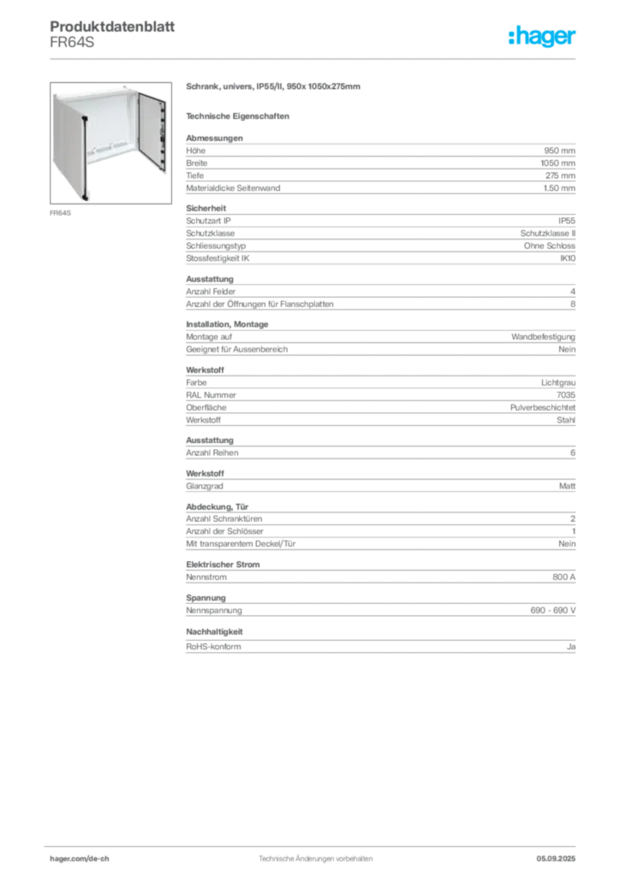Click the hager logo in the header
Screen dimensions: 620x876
[x=542, y=37]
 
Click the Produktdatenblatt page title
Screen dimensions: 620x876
[x=112, y=27]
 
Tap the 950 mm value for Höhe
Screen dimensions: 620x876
[x=559, y=151]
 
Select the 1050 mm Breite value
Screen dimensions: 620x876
[x=557, y=163]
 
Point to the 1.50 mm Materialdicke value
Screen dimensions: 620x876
[x=559, y=188]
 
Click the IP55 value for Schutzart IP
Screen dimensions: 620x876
[x=566, y=221]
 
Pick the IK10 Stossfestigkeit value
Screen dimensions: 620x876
[x=568, y=258]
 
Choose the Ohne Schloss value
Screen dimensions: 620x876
[x=550, y=246]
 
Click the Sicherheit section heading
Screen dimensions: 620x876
[x=206, y=209]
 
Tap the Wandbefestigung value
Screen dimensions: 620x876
[x=543, y=337]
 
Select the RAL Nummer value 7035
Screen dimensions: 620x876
[x=566, y=395]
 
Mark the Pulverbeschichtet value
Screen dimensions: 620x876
[x=543, y=408]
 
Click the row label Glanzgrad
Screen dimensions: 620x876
[x=205, y=486]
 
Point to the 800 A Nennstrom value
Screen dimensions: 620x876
[x=563, y=577]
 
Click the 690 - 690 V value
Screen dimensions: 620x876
[x=553, y=611]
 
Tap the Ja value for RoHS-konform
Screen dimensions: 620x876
[x=571, y=647]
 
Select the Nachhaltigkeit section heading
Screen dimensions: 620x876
[x=214, y=632]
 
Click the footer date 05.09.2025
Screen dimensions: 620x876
[x=556, y=859]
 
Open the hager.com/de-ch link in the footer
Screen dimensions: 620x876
[x=80, y=859]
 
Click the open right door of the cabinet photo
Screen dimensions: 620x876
[x=152, y=132]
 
